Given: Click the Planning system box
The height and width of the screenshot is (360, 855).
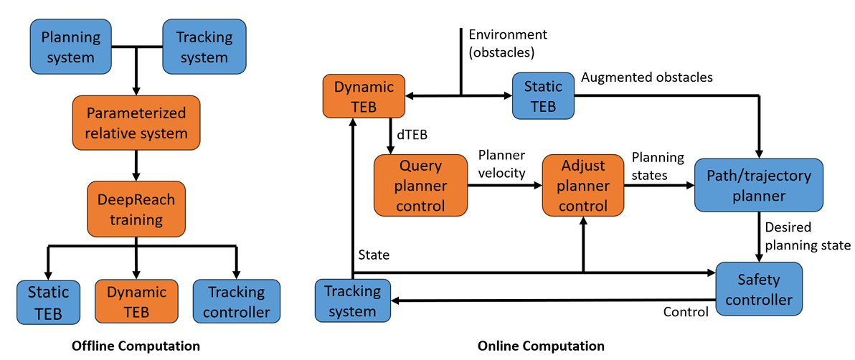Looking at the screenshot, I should (71, 47).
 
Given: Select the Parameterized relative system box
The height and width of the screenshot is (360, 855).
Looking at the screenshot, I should (136, 123).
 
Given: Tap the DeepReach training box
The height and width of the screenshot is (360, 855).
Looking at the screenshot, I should (136, 209).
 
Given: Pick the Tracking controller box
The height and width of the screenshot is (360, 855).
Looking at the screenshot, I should (236, 302).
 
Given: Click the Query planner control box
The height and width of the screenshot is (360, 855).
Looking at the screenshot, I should (420, 185).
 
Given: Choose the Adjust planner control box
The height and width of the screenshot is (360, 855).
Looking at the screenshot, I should (583, 185).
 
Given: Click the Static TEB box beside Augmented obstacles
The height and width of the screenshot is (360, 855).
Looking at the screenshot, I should (543, 96).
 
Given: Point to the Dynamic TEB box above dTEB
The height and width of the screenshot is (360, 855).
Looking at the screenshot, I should (364, 96).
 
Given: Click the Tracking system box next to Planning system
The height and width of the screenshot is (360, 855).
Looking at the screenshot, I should (204, 47).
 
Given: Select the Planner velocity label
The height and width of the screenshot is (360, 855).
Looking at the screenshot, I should (502, 164).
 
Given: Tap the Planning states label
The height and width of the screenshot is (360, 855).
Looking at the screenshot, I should (658, 166).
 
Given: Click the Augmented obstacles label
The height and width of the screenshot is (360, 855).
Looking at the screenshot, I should (646, 77).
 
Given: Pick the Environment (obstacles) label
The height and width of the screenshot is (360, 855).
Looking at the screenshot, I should (507, 43).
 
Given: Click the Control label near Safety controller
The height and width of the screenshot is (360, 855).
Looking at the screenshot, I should (686, 312).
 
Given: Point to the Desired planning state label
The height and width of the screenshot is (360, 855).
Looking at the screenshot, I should (808, 237).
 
